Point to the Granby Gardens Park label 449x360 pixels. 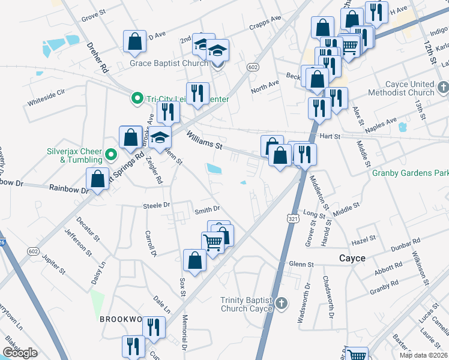pos(410,173)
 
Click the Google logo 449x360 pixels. pos(20,353)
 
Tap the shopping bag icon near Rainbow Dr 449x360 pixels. pos(97,178)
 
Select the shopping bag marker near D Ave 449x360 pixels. pos(134,41)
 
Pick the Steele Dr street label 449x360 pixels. pos(157,206)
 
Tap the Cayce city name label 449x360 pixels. pos(352,258)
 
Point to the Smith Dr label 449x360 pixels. pos(207,210)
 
